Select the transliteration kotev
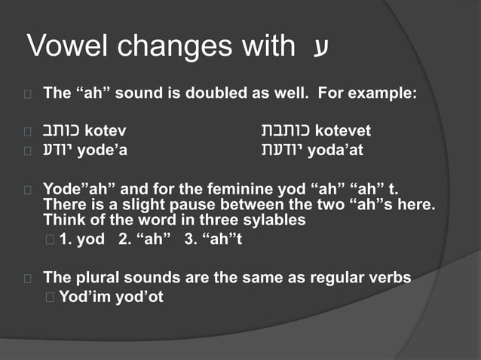[106, 131]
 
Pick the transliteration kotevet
[343, 131]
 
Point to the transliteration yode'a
[103, 150]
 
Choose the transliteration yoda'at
[335, 150]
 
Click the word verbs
[389, 277]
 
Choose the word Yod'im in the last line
[83, 296]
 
